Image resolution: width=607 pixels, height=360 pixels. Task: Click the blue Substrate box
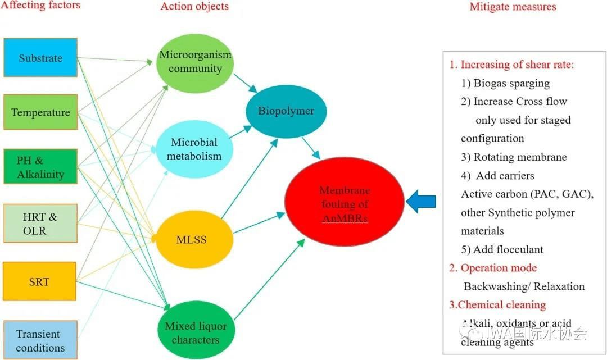click(x=40, y=58)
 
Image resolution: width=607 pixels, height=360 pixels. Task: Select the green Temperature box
click(x=40, y=112)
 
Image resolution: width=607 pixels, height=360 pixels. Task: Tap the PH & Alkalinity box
click(x=40, y=167)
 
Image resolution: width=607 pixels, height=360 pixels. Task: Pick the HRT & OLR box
click(x=40, y=224)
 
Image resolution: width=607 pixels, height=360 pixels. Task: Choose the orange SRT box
click(x=40, y=281)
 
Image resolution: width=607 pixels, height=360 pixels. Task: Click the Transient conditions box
click(x=40, y=340)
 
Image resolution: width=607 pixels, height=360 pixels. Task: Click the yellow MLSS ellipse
click(x=191, y=240)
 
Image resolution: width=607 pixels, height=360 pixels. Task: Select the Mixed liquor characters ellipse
click(x=196, y=333)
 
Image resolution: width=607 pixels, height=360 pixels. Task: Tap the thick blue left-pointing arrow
click(x=420, y=202)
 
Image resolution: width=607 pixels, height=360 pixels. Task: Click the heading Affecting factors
click(x=41, y=6)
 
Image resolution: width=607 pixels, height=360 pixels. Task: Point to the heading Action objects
click(x=194, y=7)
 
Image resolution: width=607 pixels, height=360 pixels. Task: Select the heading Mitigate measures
click(x=513, y=7)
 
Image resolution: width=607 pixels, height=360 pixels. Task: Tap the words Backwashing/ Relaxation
click(x=524, y=286)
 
